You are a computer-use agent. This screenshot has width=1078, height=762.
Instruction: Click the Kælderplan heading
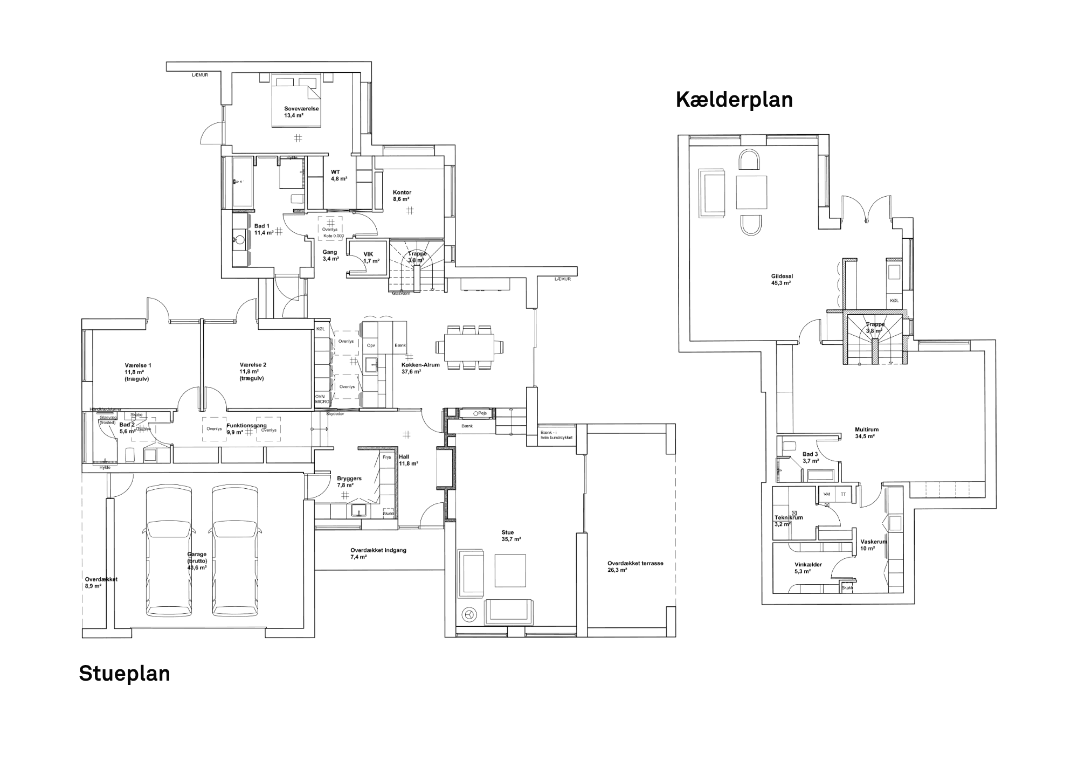click(734, 100)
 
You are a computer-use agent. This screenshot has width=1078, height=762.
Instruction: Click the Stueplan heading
click(125, 674)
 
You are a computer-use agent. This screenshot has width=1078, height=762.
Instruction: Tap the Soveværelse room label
click(301, 109)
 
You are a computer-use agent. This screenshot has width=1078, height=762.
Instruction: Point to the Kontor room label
click(402, 192)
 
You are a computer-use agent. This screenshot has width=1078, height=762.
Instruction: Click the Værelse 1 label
click(138, 365)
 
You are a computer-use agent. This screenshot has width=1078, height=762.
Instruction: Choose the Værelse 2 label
click(253, 365)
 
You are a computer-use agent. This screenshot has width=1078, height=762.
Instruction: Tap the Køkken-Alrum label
click(420, 365)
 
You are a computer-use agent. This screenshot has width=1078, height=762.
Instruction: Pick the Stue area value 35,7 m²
click(511, 539)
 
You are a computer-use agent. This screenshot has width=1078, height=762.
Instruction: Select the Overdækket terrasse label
click(635, 563)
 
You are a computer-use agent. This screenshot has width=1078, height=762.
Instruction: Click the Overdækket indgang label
click(378, 550)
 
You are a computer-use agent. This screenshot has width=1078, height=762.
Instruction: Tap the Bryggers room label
click(349, 479)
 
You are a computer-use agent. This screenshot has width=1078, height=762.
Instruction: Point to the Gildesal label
click(782, 276)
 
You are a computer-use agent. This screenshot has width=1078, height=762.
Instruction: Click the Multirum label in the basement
click(866, 430)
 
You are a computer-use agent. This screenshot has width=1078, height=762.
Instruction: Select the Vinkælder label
click(808, 565)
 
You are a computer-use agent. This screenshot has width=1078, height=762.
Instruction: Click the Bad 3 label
click(810, 454)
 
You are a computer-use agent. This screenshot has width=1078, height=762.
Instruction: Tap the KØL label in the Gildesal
click(894, 301)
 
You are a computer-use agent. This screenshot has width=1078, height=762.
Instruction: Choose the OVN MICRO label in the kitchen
click(322, 399)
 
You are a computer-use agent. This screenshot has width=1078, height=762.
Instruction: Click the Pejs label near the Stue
click(482, 413)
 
